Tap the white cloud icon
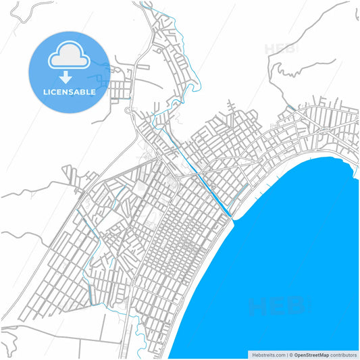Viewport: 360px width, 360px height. (x=68, y=56)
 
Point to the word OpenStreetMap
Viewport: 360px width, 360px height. (x=311, y=354)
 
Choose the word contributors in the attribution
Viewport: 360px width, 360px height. (x=342, y=354)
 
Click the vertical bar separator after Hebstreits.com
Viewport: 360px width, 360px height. (x=286, y=354)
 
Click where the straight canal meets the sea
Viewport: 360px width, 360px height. (x=231, y=216)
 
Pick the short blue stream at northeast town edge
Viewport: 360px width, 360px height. (x=290, y=108)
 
